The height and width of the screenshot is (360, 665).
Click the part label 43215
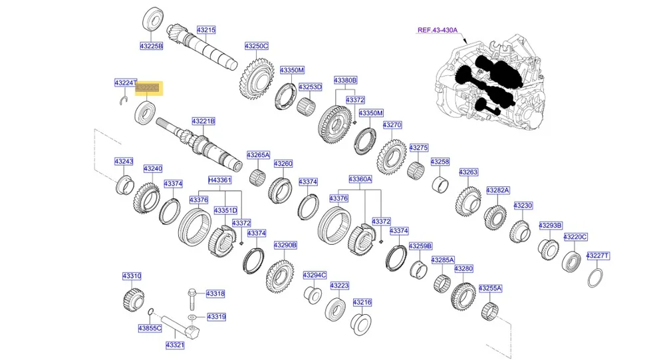tap(206, 30)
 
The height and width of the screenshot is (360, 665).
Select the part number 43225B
tap(151, 46)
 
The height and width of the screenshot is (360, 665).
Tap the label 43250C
tap(256, 46)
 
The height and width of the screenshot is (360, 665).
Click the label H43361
tap(219, 180)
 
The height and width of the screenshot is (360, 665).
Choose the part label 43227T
tap(598, 256)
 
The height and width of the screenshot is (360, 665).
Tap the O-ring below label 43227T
tap(597, 276)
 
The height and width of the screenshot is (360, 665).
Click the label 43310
tap(132, 275)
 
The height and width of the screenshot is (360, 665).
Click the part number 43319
tap(216, 317)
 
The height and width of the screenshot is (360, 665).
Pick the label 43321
tap(175, 345)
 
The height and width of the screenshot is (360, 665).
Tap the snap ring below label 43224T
tap(123, 100)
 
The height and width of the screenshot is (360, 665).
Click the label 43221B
tap(203, 121)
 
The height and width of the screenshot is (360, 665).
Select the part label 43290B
tap(285, 245)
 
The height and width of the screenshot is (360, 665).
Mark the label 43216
tap(362, 302)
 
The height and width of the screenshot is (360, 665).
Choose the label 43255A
tap(491, 288)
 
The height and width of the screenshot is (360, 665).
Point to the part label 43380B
tap(346, 80)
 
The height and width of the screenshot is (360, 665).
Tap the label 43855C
tap(150, 328)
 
